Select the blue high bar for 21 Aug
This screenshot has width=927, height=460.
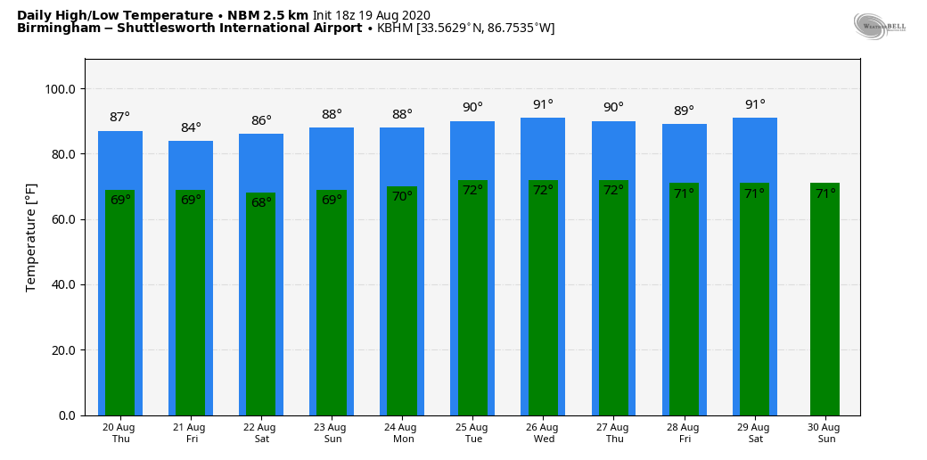pos(191,166)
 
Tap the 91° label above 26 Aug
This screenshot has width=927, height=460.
pos(543,105)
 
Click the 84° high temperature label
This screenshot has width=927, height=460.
pos(191,128)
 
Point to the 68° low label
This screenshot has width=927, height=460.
pos(261,203)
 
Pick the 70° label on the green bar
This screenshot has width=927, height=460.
pos(402,197)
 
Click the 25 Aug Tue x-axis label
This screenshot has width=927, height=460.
pos(472,433)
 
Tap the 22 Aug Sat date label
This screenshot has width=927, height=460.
pos(261,433)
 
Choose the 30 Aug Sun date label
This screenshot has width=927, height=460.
pos(825,433)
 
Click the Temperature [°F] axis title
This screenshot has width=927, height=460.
pos(31,237)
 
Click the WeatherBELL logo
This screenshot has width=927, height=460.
pos(879,26)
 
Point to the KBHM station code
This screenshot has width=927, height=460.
pos(395,29)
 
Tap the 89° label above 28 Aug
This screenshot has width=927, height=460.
pos(684,111)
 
